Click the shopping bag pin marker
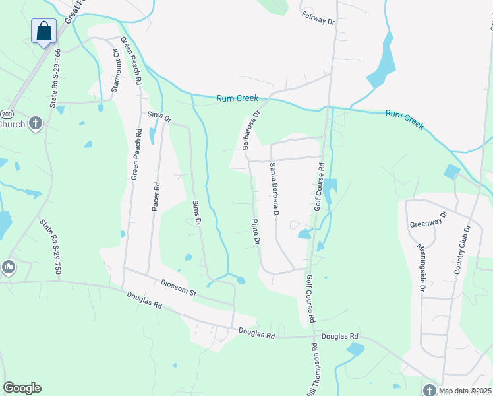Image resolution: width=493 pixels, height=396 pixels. pyautogui.click(x=43, y=31)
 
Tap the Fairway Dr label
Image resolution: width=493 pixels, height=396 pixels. pyautogui.click(x=318, y=18)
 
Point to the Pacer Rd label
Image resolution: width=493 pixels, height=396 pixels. pyautogui.click(x=156, y=197)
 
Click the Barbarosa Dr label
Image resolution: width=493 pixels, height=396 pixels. pyautogui.click(x=252, y=129)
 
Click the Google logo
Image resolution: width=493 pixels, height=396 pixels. pyautogui.click(x=22, y=388)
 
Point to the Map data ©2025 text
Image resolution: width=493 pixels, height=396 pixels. pyautogui.click(x=465, y=391)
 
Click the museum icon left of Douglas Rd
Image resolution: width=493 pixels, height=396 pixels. pyautogui.click(x=8, y=267)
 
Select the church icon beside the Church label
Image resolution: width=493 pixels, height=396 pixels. pyautogui.click(x=36, y=123)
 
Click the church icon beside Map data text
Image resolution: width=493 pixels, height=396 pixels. pyautogui.click(x=430, y=390)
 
